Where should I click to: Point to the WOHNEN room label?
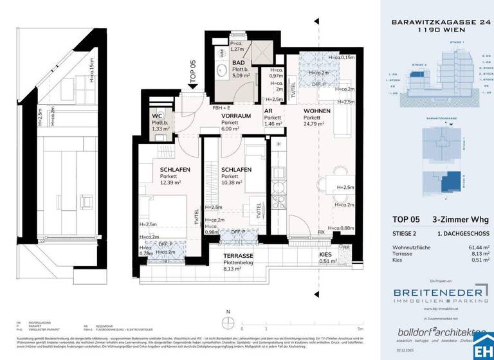pos(316,111)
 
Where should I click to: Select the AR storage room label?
pos(268,111)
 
